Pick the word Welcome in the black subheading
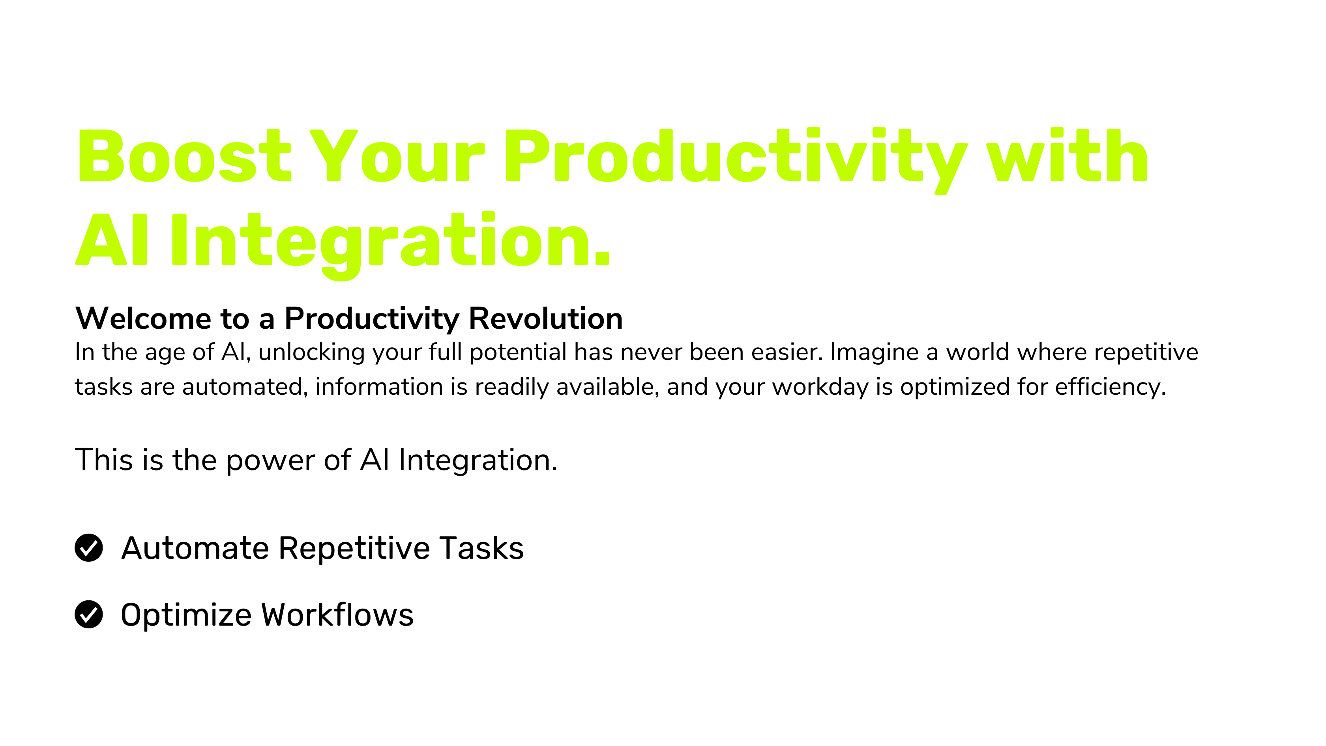pos(143,318)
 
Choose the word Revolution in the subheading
pos(546,318)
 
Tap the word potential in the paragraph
pos(518,352)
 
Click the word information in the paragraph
pos(379,387)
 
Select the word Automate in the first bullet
pos(195,548)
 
